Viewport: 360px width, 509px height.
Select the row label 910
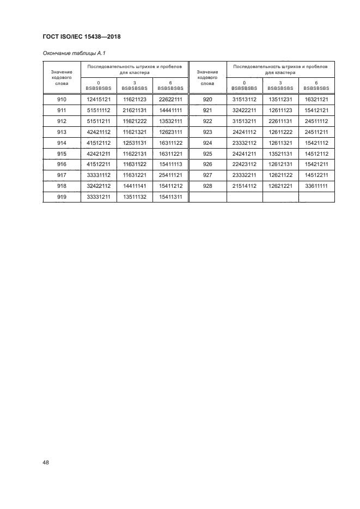[x=61, y=99]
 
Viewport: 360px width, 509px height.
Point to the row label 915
[x=61, y=154]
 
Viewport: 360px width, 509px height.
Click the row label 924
[x=207, y=143]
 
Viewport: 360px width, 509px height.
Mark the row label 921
[x=207, y=110]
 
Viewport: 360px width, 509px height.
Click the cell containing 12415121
[x=99, y=99]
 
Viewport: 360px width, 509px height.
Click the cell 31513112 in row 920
[x=244, y=99]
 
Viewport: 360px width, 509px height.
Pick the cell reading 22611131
[x=280, y=121]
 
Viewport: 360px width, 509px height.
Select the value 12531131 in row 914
[x=135, y=143]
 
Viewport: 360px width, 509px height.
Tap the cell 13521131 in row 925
[x=280, y=154]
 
